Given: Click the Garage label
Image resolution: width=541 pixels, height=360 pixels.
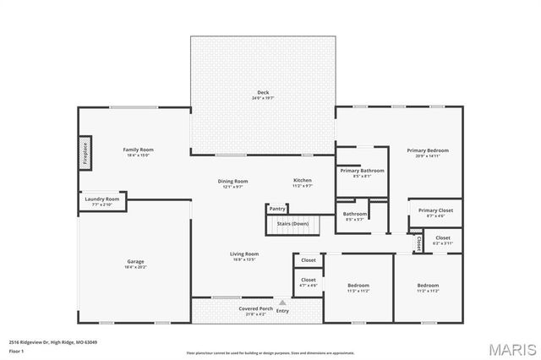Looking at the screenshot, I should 135,264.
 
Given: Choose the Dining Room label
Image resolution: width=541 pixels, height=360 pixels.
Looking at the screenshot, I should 233,183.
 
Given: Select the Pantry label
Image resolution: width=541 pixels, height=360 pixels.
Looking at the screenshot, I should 277,208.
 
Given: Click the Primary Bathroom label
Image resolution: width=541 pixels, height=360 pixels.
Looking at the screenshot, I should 362,172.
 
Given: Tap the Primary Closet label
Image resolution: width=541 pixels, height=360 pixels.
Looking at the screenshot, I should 435,212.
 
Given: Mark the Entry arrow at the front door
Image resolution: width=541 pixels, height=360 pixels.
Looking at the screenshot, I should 281,302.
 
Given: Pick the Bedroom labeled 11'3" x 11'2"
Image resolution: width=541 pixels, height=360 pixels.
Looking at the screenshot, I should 358,287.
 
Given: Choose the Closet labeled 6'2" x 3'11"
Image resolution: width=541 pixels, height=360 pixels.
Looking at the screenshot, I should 442,240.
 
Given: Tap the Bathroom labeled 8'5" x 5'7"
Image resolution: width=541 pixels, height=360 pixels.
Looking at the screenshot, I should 355,215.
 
